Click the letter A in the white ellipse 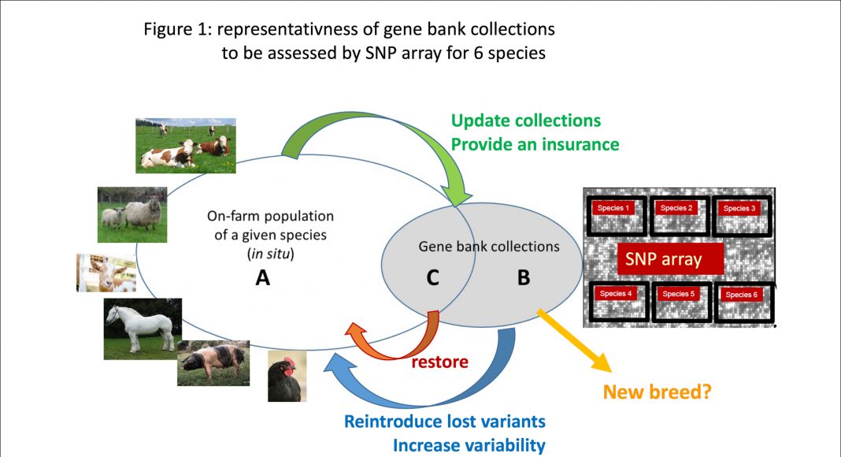(x=263, y=277)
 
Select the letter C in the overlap (x=432, y=277)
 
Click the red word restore (x=439, y=362)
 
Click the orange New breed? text (x=656, y=392)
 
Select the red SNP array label (x=663, y=259)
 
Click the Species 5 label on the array (x=676, y=294)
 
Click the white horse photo (x=143, y=329)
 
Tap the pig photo (x=213, y=363)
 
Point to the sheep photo (x=132, y=214)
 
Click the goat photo (x=106, y=273)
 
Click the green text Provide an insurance (x=535, y=145)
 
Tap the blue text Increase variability (x=469, y=445)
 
